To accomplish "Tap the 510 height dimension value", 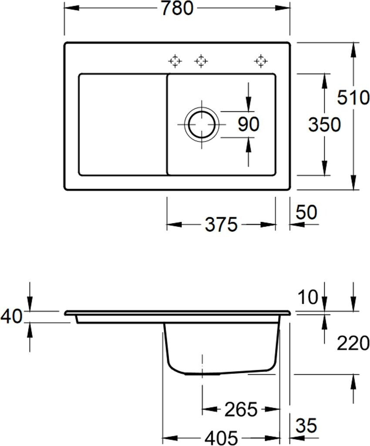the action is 353,97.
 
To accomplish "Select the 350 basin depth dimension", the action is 324,125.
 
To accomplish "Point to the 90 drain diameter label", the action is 249,124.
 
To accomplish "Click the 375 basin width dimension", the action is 221,224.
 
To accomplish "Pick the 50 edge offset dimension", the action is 306,212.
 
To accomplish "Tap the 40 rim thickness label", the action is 11,316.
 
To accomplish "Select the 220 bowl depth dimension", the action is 353,343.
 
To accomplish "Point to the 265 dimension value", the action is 241,409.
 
